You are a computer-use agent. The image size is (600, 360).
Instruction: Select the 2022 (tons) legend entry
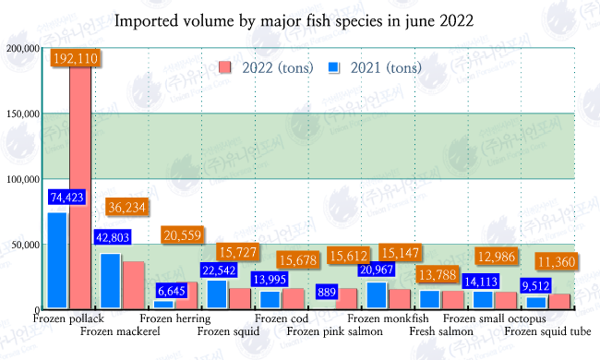click(258, 66)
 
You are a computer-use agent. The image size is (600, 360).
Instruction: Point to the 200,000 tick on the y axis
click(20, 48)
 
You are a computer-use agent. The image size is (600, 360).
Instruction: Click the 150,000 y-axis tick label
click(20, 114)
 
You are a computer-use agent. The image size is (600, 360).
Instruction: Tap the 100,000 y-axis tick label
click(20, 179)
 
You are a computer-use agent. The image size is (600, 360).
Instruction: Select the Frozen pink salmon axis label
click(331, 330)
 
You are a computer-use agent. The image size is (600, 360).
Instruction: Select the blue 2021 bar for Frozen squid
click(218, 294)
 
